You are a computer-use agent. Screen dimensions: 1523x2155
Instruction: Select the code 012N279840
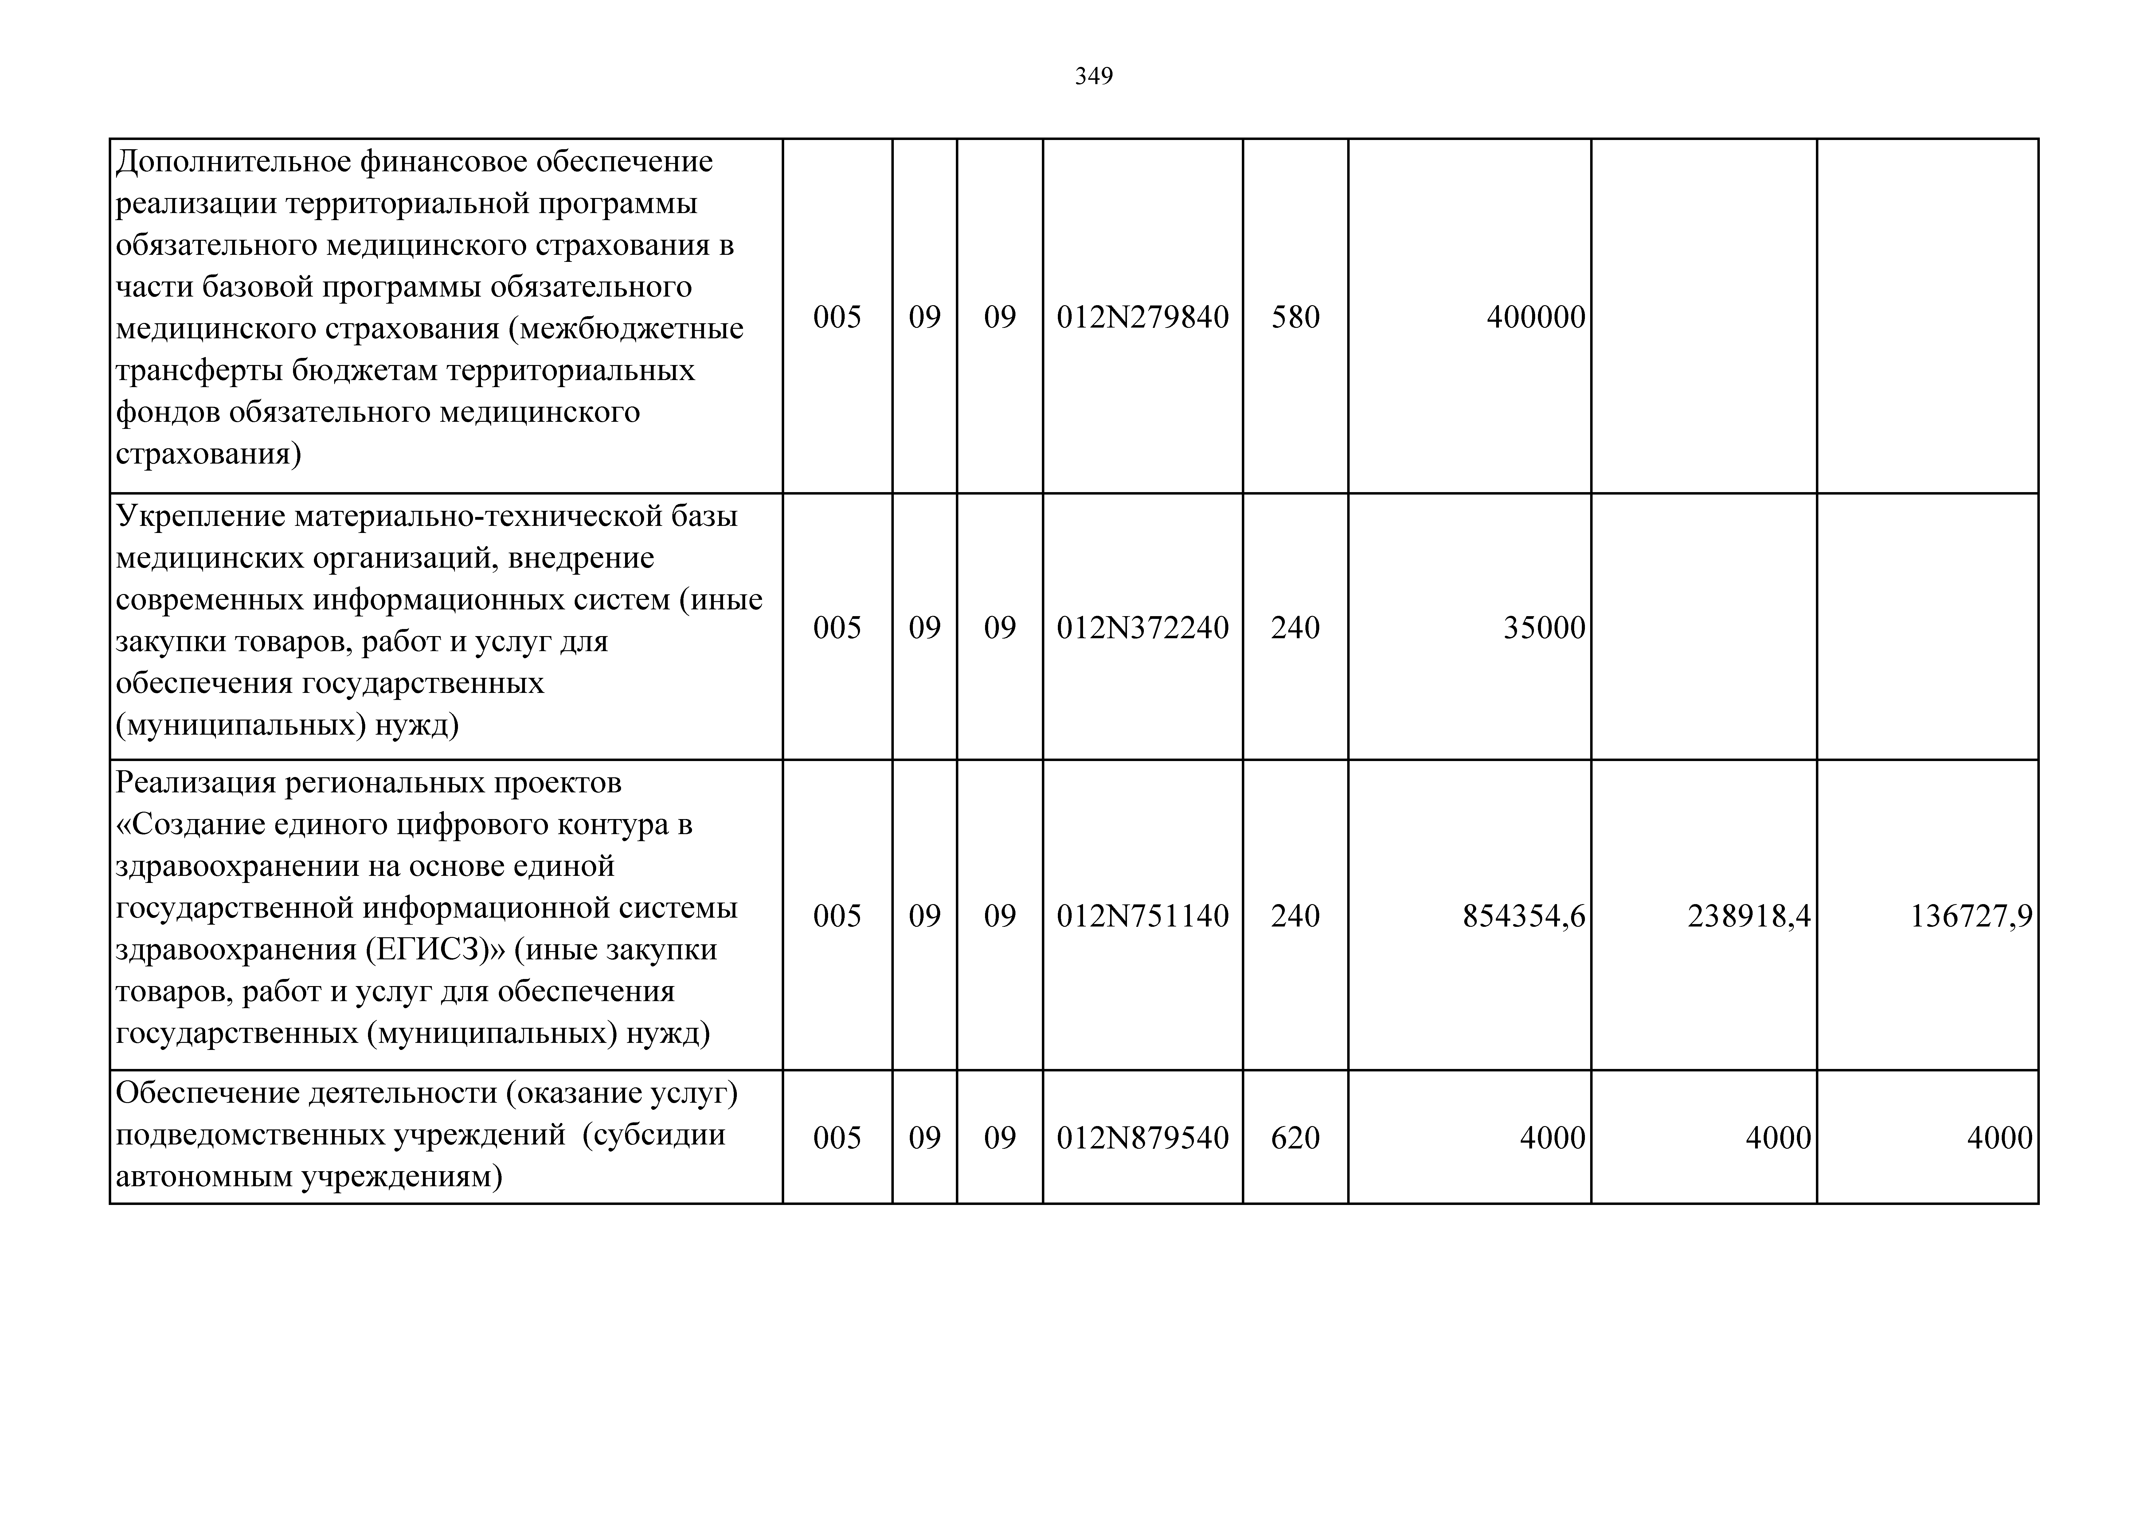(x=1142, y=317)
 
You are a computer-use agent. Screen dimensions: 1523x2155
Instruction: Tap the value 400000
(x=1535, y=317)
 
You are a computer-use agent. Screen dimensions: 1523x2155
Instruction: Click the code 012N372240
(x=1142, y=627)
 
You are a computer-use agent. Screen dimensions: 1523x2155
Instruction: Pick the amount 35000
(x=1544, y=627)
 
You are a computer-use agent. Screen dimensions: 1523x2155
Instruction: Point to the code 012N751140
(x=1142, y=915)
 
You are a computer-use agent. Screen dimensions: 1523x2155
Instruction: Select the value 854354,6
(x=1523, y=915)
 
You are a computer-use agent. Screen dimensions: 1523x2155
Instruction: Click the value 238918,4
(x=1749, y=915)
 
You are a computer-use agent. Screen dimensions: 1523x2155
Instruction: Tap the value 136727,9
(x=1971, y=915)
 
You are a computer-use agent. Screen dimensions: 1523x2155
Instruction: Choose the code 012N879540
(x=1142, y=1137)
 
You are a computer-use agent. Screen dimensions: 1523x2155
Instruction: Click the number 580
(x=1295, y=317)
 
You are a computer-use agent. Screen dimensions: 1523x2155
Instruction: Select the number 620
(x=1295, y=1137)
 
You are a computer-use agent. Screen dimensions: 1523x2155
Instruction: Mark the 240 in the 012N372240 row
(x=1295, y=627)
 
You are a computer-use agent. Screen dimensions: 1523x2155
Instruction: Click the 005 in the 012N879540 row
(x=836, y=1137)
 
